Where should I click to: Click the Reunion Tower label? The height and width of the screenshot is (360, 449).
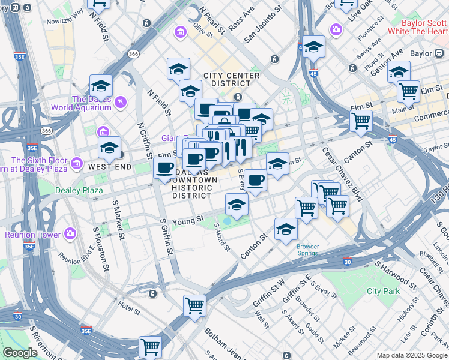point(30,234)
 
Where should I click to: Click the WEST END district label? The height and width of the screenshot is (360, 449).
point(109,166)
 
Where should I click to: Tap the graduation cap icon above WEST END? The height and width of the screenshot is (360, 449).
point(109,148)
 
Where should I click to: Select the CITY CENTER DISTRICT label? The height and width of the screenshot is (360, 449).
point(232,76)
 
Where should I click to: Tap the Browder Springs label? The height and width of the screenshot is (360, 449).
point(307,250)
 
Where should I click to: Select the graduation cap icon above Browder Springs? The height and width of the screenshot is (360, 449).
point(286,229)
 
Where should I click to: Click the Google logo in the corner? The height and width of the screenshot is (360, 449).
point(20,353)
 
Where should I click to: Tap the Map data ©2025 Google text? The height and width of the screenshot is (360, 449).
point(411,355)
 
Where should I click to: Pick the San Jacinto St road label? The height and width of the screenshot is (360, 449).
point(264,26)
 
